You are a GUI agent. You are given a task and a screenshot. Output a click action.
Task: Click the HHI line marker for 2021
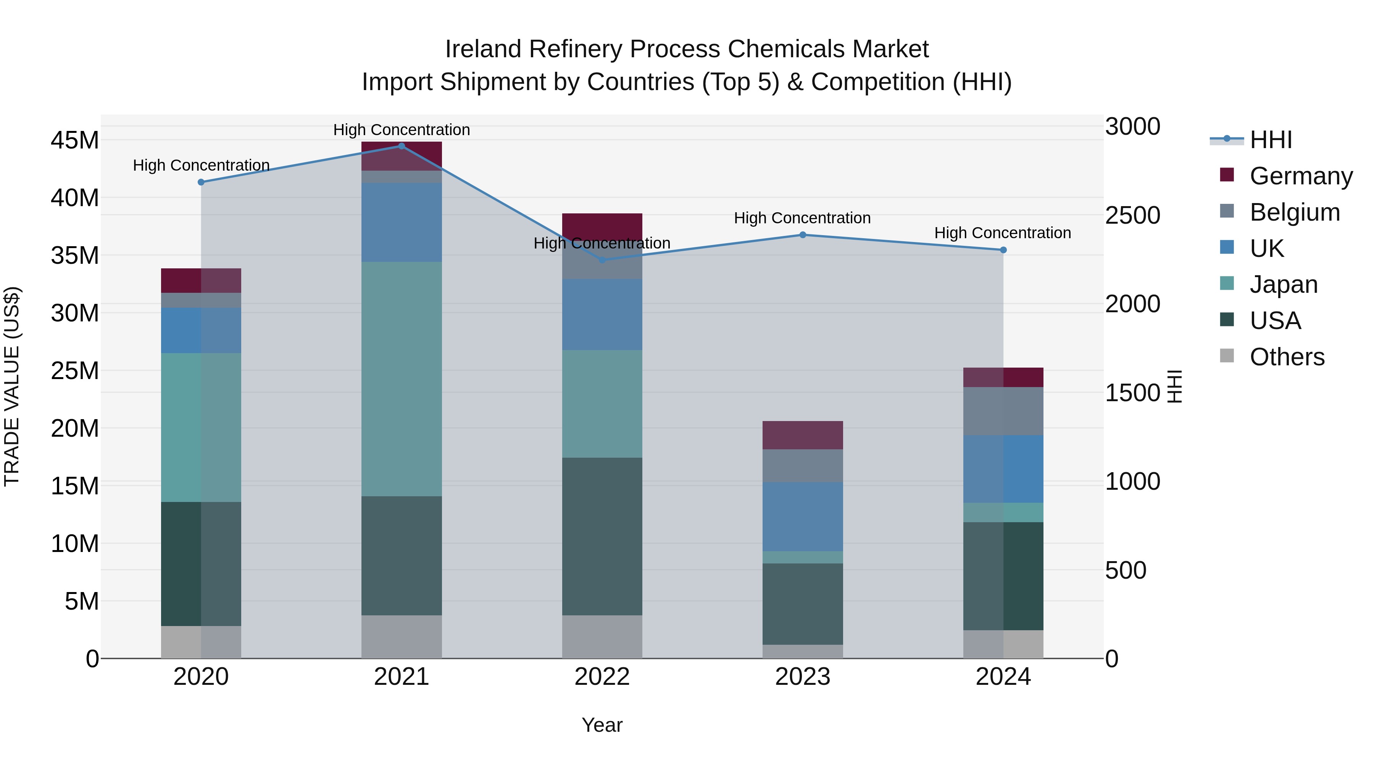[402, 146]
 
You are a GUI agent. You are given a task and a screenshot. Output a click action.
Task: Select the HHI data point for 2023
[803, 235]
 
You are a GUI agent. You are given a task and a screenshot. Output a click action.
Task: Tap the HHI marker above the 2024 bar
[1003, 250]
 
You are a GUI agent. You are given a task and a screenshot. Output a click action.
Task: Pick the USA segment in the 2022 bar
[602, 536]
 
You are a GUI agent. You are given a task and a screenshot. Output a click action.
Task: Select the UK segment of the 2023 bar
[803, 516]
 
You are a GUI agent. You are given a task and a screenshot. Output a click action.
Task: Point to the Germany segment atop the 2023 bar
[803, 435]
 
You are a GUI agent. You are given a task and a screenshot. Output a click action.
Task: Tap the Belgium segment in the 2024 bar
[1003, 411]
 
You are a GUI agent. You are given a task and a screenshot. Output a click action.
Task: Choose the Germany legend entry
[1300, 176]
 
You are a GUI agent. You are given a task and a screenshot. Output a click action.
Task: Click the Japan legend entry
[1283, 284]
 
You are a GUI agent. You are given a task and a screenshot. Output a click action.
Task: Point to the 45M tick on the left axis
[75, 140]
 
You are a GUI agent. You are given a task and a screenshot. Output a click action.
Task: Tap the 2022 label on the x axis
[602, 677]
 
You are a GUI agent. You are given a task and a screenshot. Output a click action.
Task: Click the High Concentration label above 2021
[402, 130]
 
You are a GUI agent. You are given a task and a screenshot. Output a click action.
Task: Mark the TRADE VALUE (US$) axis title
[12, 386]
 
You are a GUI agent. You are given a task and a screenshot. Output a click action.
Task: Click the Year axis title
[602, 725]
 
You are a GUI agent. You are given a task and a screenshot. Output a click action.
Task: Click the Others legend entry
[1287, 357]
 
